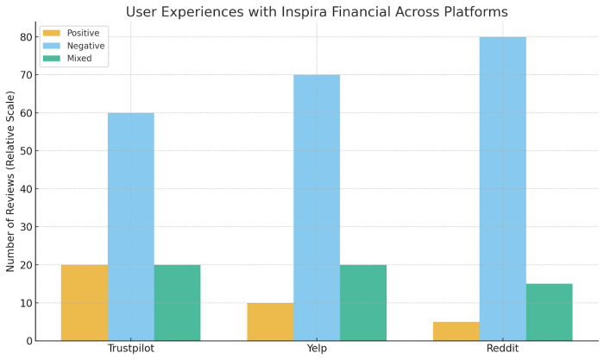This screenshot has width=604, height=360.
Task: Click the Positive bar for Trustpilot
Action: click(85, 302)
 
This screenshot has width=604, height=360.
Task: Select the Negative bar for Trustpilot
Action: click(131, 226)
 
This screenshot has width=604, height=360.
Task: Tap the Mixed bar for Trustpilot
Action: click(177, 302)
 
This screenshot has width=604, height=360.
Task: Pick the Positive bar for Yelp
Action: click(270, 321)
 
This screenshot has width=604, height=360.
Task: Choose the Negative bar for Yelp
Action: click(317, 207)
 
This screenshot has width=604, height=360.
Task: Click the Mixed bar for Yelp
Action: click(362, 302)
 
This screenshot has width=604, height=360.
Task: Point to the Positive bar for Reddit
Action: click(456, 331)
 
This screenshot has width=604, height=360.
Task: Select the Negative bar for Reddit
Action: click(502, 188)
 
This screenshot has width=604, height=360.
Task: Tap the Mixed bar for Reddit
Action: click(549, 312)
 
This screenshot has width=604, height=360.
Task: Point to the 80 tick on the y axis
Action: click(26, 37)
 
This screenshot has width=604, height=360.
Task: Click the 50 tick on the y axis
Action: click(26, 151)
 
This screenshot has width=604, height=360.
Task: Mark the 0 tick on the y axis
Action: click(28, 341)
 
